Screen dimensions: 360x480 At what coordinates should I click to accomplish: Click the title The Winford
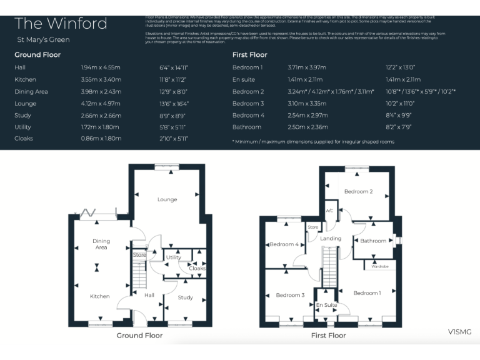(61, 24)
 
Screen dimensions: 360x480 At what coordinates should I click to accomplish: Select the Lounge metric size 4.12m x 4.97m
(101, 104)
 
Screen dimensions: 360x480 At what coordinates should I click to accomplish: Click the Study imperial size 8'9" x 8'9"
(173, 116)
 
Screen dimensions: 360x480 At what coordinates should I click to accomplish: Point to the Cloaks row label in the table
(24, 139)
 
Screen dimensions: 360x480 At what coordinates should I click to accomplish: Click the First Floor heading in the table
(249, 55)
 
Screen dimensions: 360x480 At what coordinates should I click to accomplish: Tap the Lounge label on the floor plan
(167, 200)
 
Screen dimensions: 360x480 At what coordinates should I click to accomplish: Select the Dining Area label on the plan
(101, 244)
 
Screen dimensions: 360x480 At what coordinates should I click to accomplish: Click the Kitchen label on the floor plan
(99, 296)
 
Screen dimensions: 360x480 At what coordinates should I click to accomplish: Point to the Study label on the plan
(185, 297)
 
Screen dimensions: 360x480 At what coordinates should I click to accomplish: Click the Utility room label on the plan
(173, 257)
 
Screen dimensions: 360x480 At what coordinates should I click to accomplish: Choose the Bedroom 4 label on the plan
(283, 244)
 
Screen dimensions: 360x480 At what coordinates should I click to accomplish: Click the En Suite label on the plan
(326, 305)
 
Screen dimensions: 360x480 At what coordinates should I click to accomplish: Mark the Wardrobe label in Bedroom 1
(379, 266)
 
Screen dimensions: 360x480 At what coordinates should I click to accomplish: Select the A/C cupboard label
(329, 211)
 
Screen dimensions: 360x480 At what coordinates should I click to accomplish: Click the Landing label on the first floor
(331, 239)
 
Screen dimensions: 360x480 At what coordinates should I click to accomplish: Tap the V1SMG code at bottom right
(459, 331)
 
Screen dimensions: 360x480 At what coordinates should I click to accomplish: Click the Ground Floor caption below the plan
(139, 336)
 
